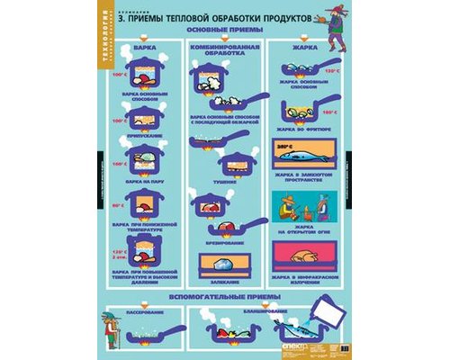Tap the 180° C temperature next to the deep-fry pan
pos(329,113)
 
